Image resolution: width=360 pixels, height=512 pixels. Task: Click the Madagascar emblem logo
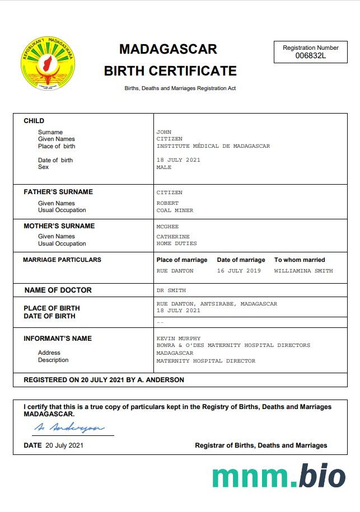click(x=48, y=65)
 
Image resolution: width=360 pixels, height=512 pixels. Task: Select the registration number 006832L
click(x=310, y=55)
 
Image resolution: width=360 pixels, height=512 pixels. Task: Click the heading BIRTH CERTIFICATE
click(x=170, y=71)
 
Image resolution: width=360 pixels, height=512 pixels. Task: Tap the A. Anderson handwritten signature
click(x=69, y=428)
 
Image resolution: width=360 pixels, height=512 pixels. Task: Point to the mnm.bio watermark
click(x=278, y=476)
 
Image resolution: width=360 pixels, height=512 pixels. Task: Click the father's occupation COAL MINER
click(x=175, y=210)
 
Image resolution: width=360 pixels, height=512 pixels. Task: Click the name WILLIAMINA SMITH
click(x=303, y=271)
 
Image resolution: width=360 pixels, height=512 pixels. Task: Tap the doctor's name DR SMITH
click(x=171, y=290)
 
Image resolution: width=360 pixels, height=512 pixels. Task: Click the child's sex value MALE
click(x=164, y=167)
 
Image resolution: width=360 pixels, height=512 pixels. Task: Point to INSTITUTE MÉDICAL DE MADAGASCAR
click(x=213, y=146)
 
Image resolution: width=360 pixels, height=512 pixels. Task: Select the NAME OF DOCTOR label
click(x=58, y=290)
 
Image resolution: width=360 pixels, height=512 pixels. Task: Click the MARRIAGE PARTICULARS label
click(x=62, y=260)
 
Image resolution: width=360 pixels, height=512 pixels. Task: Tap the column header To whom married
click(x=299, y=260)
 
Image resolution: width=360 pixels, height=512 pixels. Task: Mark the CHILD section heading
click(x=34, y=121)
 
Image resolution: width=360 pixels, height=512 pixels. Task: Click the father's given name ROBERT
click(x=167, y=203)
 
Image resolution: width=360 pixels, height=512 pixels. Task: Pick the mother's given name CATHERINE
click(x=173, y=237)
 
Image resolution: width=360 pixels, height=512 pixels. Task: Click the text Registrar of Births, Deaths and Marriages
click(x=261, y=445)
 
